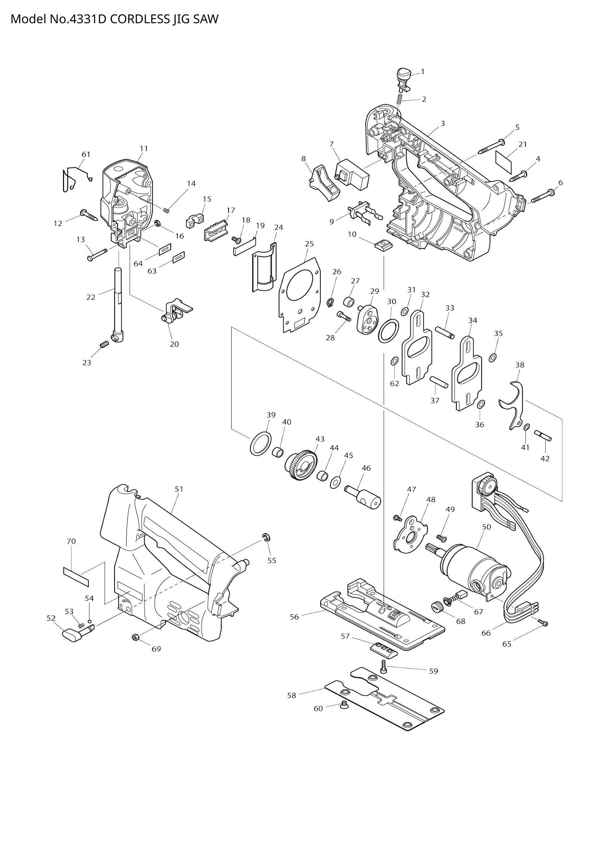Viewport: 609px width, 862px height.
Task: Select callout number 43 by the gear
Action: pyautogui.click(x=320, y=439)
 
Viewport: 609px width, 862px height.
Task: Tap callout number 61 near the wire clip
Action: pyautogui.click(x=86, y=154)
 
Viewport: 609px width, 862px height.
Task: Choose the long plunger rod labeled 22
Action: pyautogui.click(x=118, y=300)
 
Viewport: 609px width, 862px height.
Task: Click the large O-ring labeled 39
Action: pyautogui.click(x=261, y=443)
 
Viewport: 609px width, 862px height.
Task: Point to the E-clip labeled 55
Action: pyautogui.click(x=267, y=538)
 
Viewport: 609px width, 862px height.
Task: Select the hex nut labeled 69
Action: pyautogui.click(x=136, y=637)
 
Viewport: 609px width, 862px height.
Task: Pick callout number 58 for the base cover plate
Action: pyautogui.click(x=292, y=695)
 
